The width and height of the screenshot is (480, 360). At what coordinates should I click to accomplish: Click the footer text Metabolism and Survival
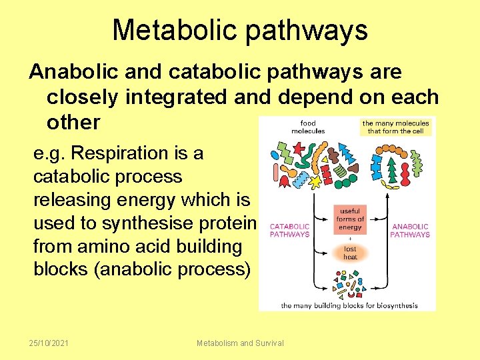[240, 343]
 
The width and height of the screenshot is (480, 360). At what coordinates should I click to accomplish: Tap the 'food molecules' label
[308, 127]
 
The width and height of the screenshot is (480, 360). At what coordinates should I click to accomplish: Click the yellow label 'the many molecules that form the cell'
[396, 127]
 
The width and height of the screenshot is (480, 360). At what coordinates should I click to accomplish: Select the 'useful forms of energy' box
[350, 219]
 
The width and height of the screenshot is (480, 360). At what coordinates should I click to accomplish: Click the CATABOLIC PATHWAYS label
[289, 231]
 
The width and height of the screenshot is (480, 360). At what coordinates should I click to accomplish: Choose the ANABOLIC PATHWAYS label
[410, 231]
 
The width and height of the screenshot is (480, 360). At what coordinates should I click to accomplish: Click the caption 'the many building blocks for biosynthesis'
[349, 305]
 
